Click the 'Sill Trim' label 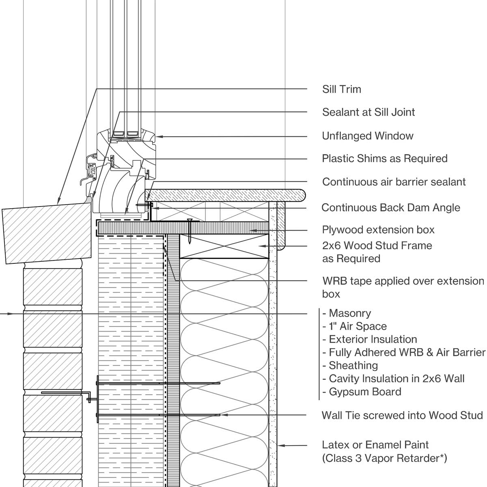click(341, 89)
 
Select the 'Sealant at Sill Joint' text click(368, 112)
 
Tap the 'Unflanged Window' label click(367, 136)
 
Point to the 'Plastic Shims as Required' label click(384, 159)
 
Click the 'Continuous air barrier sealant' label click(394, 182)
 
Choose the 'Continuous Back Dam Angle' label click(390, 208)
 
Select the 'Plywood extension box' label click(378, 230)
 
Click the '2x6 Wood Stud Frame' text click(377, 246)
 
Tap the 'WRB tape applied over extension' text click(403, 281)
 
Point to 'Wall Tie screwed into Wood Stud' click(402, 416)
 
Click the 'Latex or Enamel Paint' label click(375, 445)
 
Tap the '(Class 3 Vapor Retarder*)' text click(384, 459)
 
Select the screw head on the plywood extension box click(189, 220)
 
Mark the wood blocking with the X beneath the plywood click(224, 246)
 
